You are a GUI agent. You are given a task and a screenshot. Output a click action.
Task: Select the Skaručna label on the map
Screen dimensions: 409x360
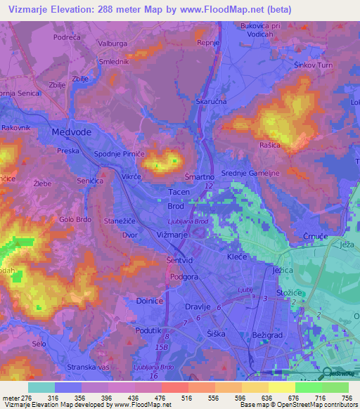(211, 102)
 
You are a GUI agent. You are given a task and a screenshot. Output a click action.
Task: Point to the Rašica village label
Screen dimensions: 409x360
(270, 145)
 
